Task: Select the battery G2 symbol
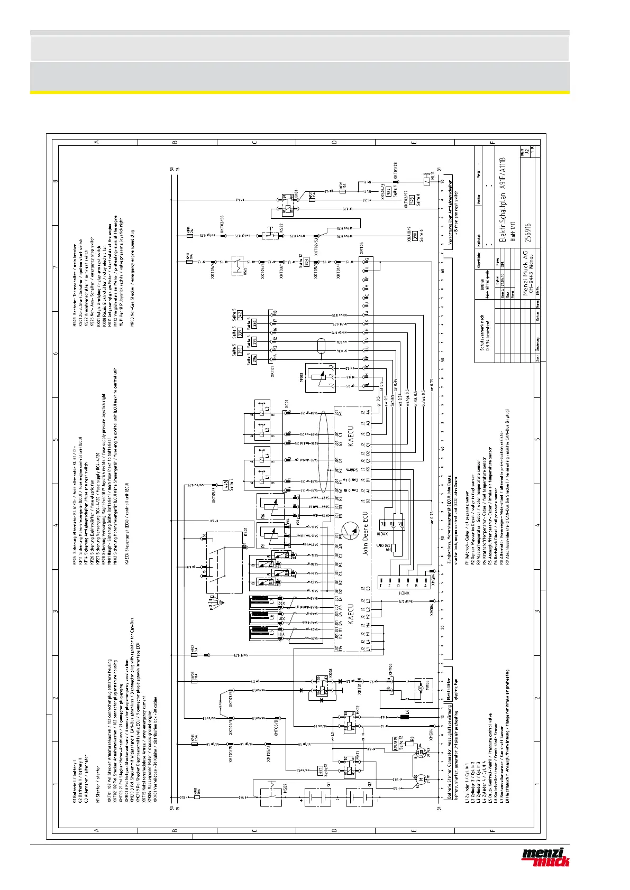coord(358,796)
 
